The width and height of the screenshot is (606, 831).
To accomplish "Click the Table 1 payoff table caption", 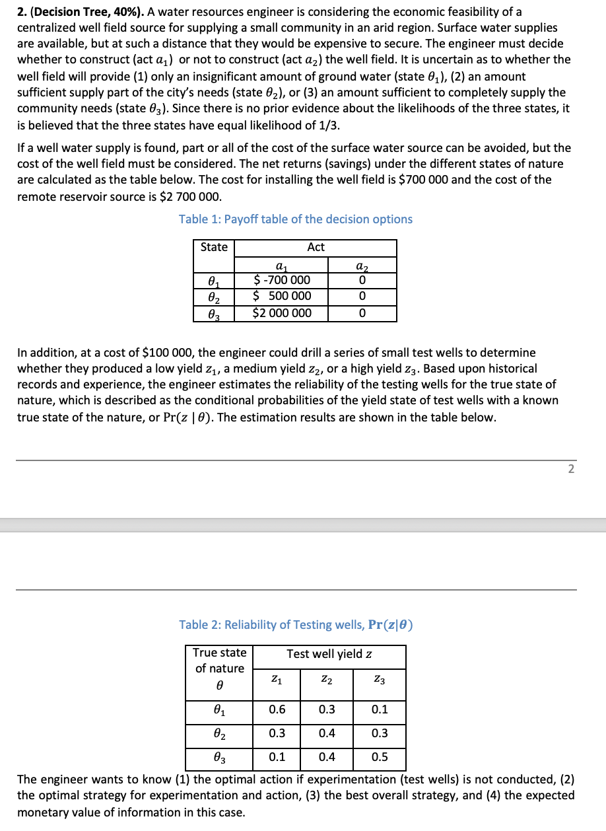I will coord(295,219).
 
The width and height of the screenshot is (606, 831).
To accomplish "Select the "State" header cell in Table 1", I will coord(214,247).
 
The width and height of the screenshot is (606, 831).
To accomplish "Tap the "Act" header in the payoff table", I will coord(316,247).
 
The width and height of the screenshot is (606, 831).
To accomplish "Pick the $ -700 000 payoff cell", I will coord(282,280).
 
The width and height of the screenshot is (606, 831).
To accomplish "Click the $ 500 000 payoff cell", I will coord(282,296).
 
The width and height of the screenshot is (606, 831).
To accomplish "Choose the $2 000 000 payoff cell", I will coord(282,312).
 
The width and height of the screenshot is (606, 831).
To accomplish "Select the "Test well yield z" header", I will coord(329,654).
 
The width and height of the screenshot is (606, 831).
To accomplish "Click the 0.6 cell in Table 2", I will coord(277,710).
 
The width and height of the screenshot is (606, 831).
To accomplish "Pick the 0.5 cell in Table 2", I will coord(380,757).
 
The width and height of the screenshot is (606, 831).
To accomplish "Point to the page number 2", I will coord(571,469).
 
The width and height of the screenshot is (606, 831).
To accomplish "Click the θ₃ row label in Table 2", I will coord(219,757).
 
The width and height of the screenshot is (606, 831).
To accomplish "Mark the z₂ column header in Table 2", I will coord(327,678).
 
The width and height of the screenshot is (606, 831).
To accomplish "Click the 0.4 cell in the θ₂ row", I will coord(327,733).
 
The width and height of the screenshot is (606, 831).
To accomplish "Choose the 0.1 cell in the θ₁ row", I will coord(380,710).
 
